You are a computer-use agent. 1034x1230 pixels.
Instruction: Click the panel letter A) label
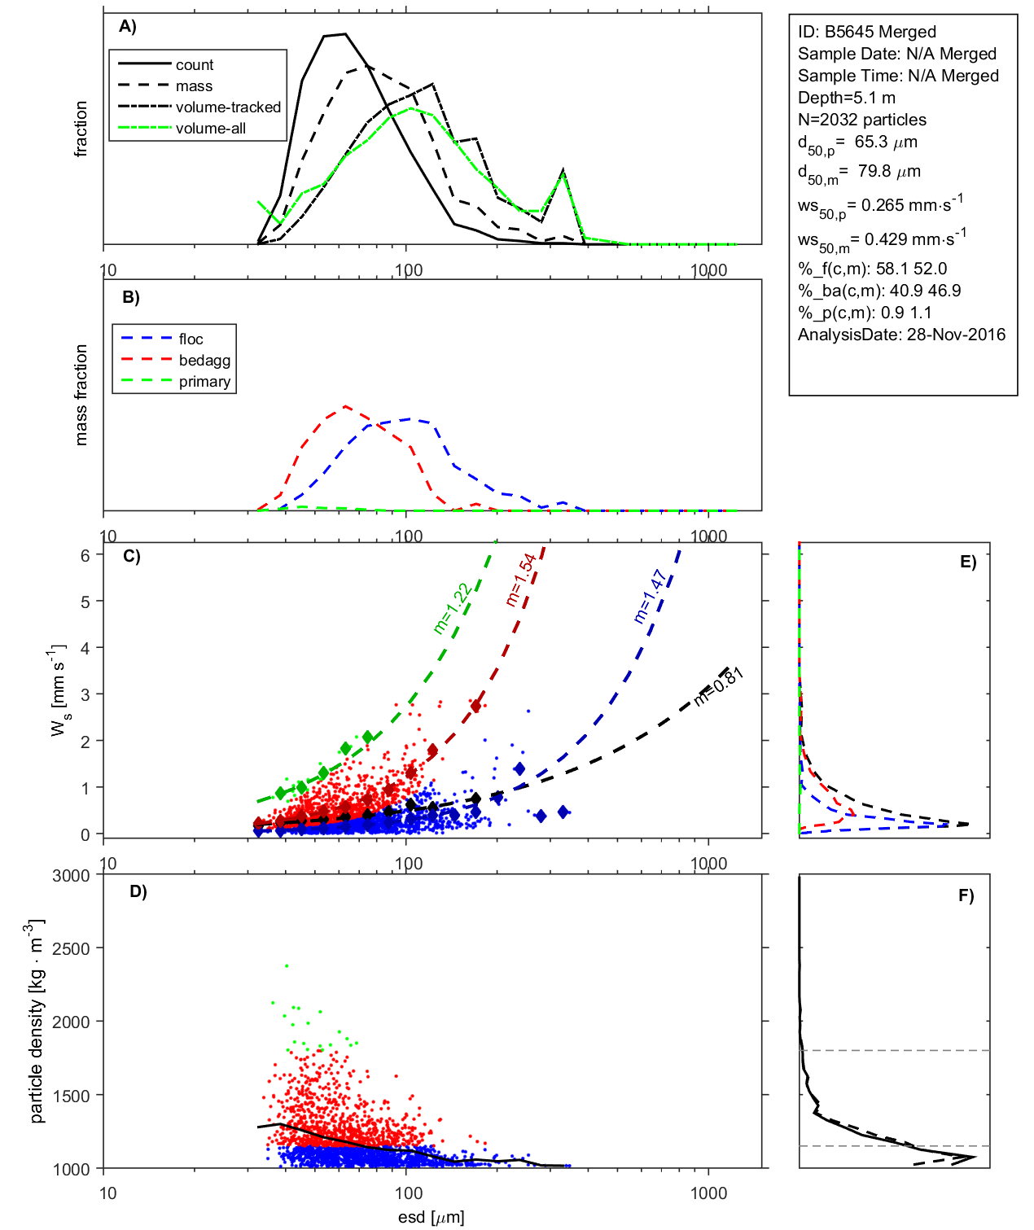point(128,26)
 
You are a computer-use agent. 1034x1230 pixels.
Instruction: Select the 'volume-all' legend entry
point(210,129)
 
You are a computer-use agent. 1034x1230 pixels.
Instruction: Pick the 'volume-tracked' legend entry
point(228,107)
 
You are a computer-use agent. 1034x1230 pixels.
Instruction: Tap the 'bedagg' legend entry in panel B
point(204,361)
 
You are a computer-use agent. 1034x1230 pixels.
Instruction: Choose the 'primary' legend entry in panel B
point(204,382)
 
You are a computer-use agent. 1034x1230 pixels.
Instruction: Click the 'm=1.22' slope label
point(452,609)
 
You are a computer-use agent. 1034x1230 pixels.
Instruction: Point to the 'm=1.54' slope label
point(521,580)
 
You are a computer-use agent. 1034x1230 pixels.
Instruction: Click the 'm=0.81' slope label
point(719,686)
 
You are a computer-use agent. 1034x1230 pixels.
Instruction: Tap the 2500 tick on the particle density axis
point(72,948)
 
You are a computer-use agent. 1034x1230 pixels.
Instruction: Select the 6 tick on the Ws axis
point(85,555)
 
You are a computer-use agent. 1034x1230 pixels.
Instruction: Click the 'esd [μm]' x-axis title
point(431,1218)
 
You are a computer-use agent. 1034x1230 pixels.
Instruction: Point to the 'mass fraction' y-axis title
point(81,395)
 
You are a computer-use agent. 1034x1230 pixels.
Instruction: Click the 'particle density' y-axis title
point(37,1022)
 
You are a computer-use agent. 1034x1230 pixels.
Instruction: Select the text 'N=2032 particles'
point(862,120)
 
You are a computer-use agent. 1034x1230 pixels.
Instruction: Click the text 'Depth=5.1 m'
point(847,98)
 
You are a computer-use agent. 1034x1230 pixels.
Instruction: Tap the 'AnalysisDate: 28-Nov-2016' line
point(901,335)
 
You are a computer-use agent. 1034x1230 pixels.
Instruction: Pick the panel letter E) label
point(967,562)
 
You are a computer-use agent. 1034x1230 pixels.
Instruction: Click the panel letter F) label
point(966,895)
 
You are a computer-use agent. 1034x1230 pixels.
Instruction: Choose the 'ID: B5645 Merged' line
point(867,32)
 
